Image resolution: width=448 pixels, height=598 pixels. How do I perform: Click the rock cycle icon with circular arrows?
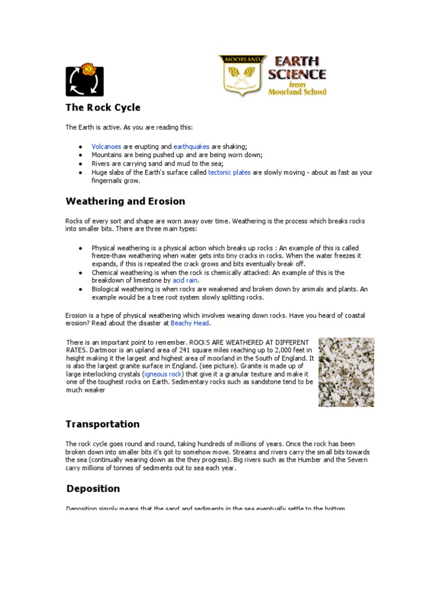coord(85,80)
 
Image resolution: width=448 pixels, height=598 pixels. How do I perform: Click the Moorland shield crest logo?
coord(243,75)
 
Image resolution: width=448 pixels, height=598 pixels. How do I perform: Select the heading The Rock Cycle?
coord(103,108)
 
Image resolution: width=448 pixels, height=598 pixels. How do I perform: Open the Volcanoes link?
coord(106,146)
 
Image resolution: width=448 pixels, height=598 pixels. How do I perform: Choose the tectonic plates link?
coord(229,172)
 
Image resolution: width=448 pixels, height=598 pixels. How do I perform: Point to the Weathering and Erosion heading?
coord(125,201)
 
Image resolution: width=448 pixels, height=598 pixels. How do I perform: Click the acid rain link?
coord(185,280)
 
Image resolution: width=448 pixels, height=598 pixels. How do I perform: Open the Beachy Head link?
coord(190,323)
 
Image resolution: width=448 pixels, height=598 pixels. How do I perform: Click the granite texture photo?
coord(346,372)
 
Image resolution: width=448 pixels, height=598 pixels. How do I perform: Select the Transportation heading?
coord(103,424)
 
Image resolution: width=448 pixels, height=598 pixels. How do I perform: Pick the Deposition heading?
coord(93,488)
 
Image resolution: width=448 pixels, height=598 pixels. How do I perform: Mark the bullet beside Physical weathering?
coord(80,248)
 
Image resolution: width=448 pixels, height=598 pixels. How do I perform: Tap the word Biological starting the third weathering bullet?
coord(106,289)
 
